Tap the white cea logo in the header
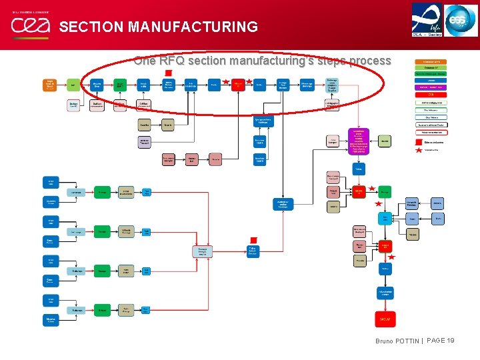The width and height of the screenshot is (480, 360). pyautogui.click(x=31, y=25)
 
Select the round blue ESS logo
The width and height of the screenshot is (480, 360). pyautogui.click(x=461, y=19)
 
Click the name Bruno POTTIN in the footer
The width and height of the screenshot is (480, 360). pyautogui.click(x=397, y=341)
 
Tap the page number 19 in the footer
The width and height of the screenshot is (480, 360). pyautogui.click(x=450, y=341)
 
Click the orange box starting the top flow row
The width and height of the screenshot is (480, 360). pyautogui.click(x=49, y=85)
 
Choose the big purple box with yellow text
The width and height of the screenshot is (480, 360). pyautogui.click(x=359, y=141)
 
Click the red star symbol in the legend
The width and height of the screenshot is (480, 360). pyautogui.click(x=419, y=150)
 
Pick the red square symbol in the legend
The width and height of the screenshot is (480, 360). pyautogui.click(x=419, y=142)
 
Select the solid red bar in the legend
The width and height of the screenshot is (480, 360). pyautogui.click(x=433, y=95)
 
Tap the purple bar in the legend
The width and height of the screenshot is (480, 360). pyautogui.click(x=433, y=87)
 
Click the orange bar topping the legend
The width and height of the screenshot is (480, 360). pyautogui.click(x=433, y=61)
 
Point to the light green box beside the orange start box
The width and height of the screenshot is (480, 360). pyautogui.click(x=72, y=85)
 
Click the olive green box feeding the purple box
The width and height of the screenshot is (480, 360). pyautogui.click(x=385, y=141)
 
